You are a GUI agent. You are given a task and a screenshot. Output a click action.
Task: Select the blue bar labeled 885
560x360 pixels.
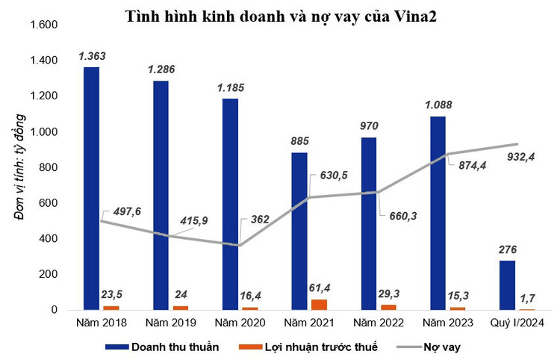coord(299,231)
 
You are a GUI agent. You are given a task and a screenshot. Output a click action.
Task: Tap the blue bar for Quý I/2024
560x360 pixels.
coord(507,285)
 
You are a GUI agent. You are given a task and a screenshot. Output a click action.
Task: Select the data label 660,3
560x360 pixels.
coord(404,217)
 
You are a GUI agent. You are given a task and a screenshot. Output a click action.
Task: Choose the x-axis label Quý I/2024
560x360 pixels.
coord(517,323)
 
